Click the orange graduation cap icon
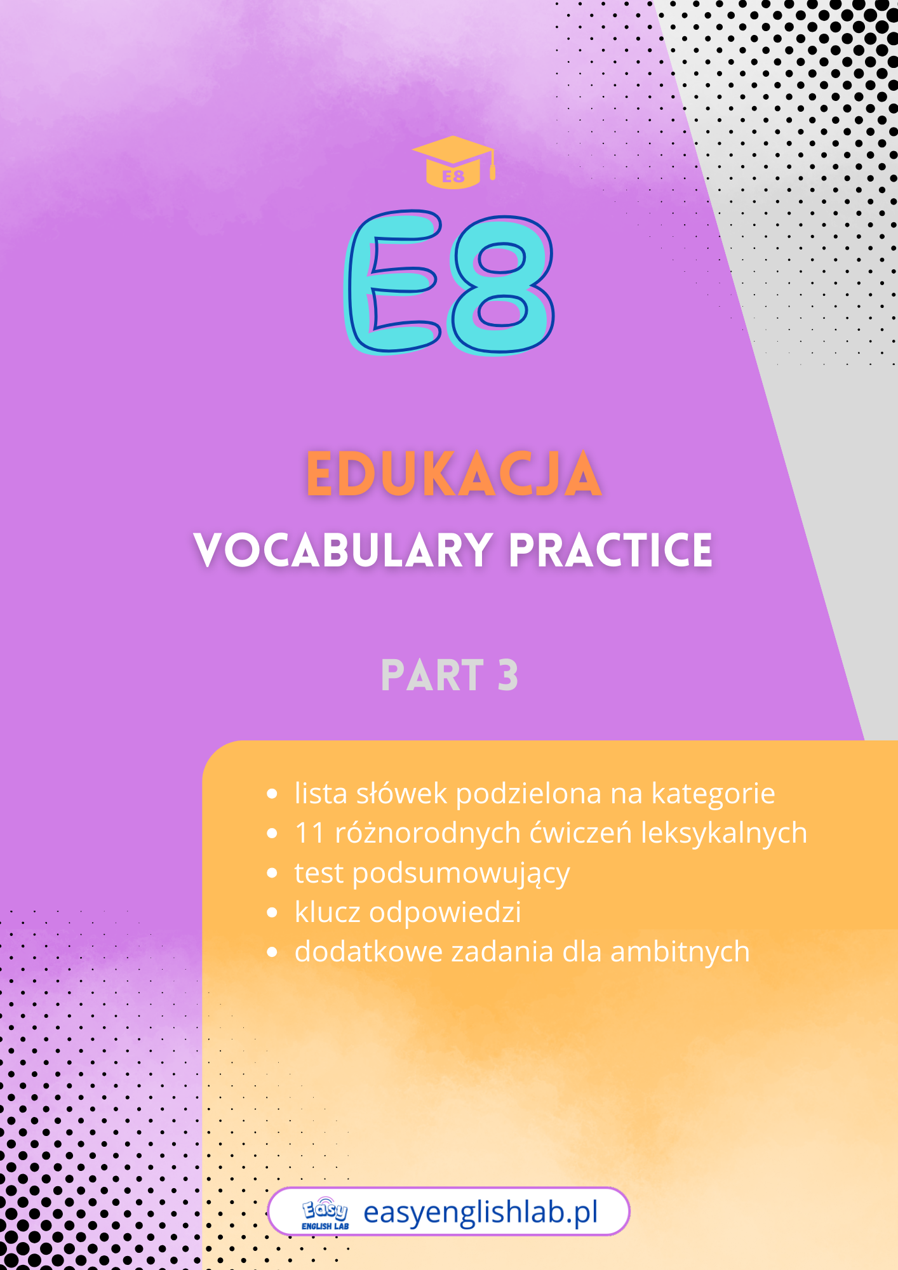[x=453, y=162]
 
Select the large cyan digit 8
[x=501, y=285]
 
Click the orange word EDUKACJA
[x=454, y=474]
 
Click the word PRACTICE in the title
[x=611, y=550]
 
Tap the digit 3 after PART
[x=508, y=675]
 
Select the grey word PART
[x=432, y=675]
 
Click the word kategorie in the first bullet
[x=713, y=794]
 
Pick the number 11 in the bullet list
[x=310, y=833]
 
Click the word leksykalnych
[x=724, y=833]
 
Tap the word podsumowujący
[x=461, y=873]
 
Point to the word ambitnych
[x=680, y=952]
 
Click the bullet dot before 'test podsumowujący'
[x=272, y=873]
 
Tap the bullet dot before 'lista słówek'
[x=272, y=794]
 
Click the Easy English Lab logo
[x=325, y=1213]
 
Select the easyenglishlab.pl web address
[x=481, y=1212]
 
